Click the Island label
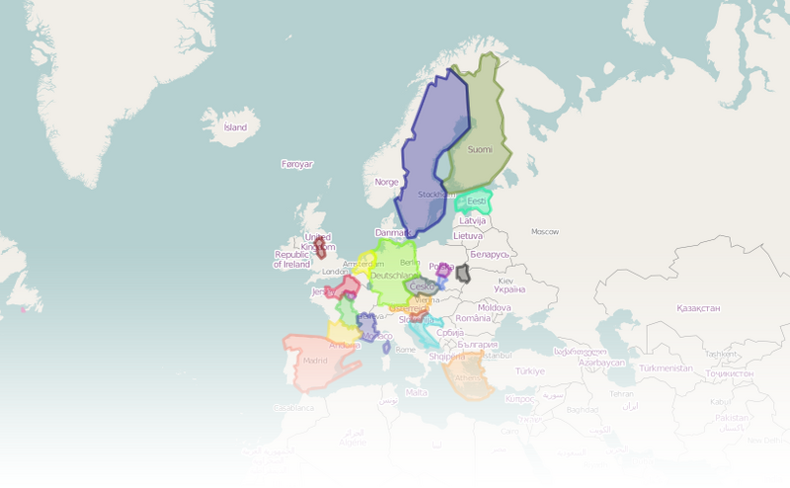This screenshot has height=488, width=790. (235, 127)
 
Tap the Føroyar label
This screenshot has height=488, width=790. (296, 164)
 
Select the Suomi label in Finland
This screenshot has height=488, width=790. (479, 149)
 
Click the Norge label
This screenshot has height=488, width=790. (387, 182)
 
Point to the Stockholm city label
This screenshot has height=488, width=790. (435, 195)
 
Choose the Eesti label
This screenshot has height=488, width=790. (476, 202)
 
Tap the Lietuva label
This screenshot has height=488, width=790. (468, 236)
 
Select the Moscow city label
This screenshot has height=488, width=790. (545, 231)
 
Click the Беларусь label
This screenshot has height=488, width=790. (489, 254)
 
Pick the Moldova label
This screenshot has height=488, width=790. (495, 307)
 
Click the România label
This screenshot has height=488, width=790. (474, 318)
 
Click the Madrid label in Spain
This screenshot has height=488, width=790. (315, 361)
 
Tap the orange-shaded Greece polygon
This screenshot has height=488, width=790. (467, 375)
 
